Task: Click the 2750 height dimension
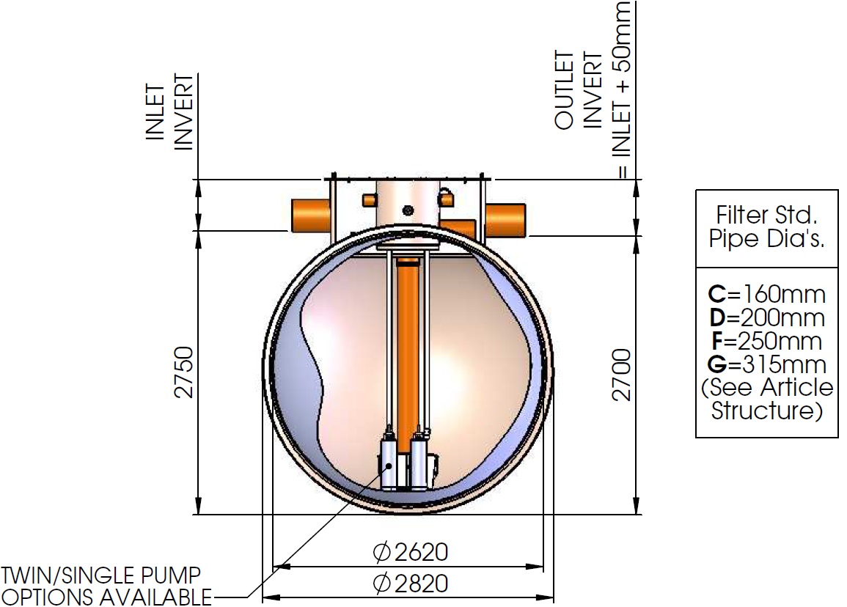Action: click(184, 372)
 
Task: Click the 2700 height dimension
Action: click(622, 375)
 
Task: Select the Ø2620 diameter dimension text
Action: click(411, 552)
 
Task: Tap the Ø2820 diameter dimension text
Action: click(411, 584)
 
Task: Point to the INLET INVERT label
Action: click(169, 112)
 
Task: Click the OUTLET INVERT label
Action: click(578, 90)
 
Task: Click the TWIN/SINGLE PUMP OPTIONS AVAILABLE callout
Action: click(106, 586)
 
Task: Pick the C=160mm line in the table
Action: click(766, 294)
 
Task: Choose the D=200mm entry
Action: click(766, 317)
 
